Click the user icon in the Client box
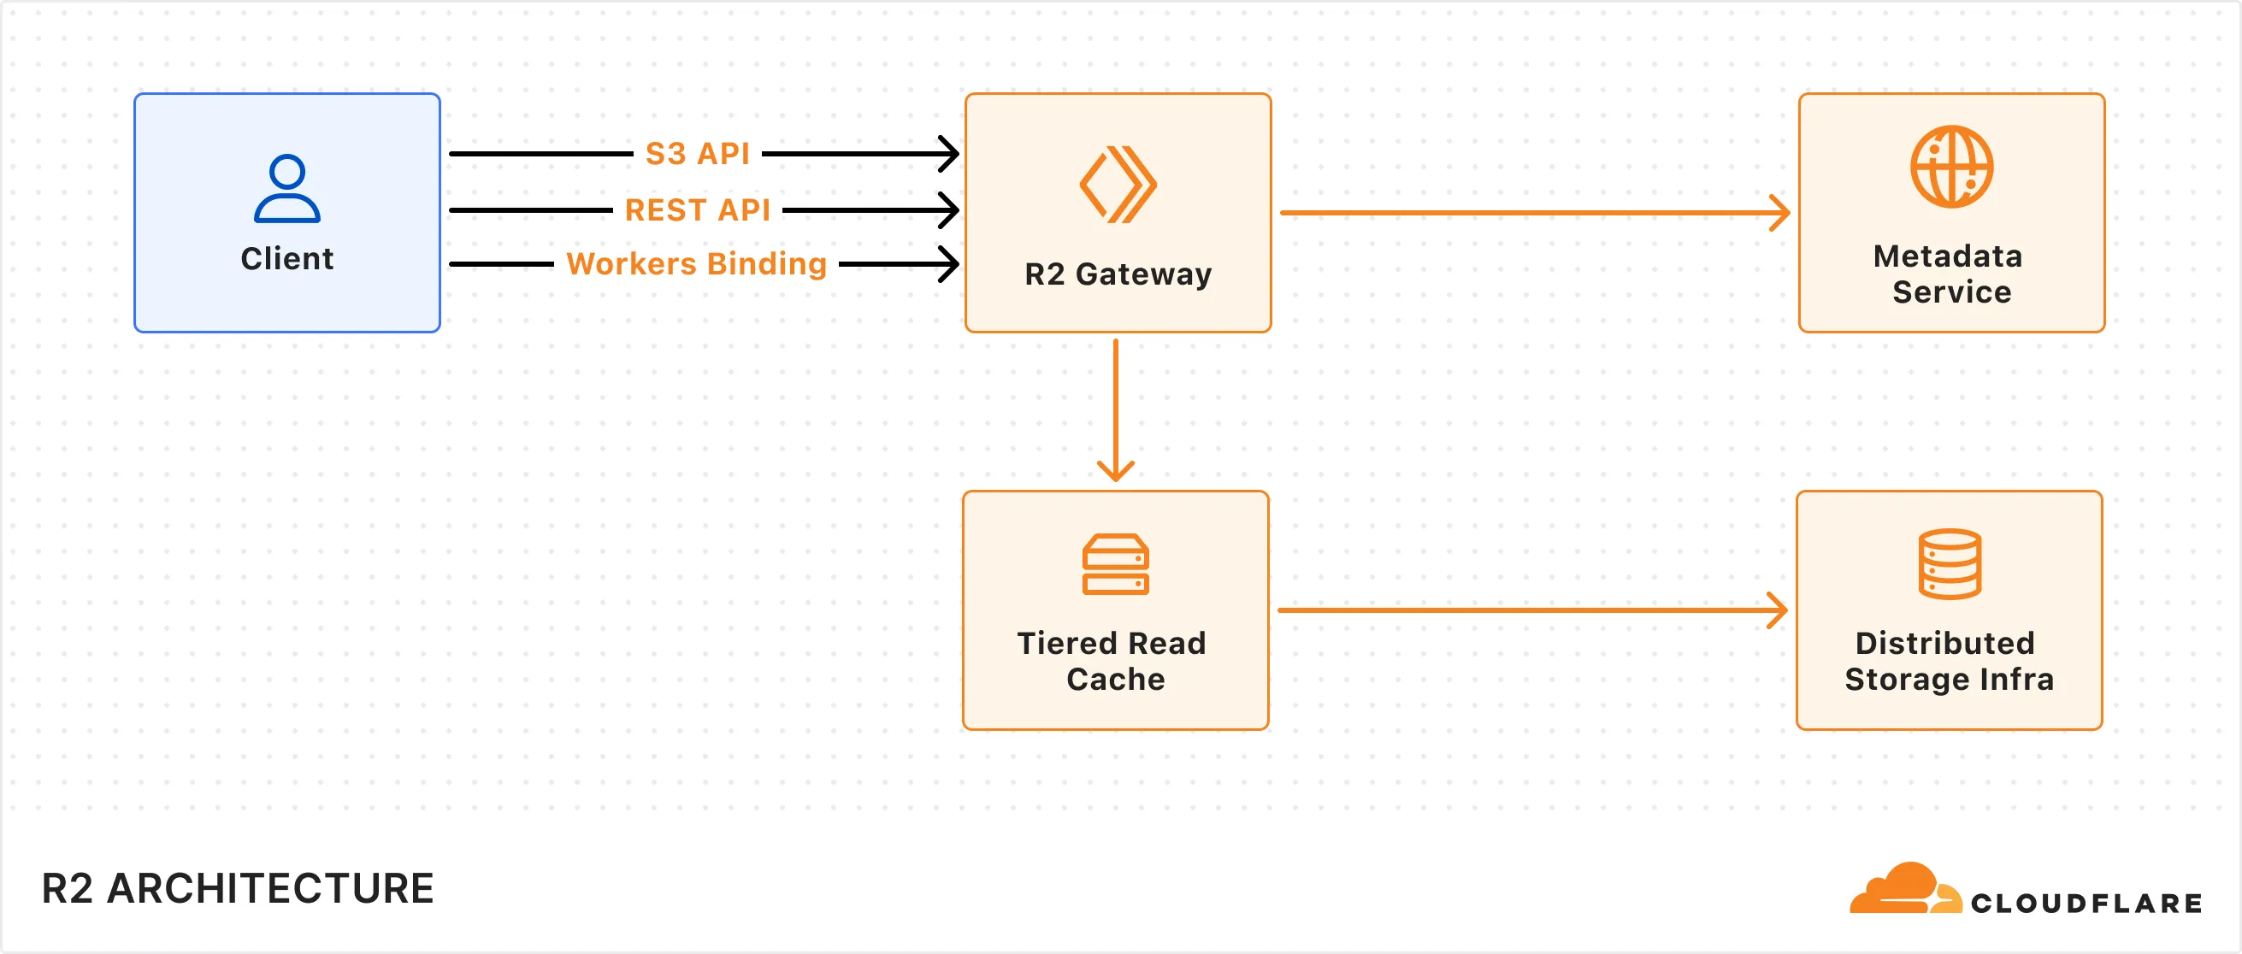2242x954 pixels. click(287, 188)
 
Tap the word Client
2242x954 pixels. click(287, 258)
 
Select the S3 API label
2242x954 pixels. click(697, 153)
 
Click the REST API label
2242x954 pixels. click(697, 209)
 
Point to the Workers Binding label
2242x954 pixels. click(696, 264)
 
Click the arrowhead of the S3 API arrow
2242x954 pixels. click(948, 154)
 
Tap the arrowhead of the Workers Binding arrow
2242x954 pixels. click(948, 264)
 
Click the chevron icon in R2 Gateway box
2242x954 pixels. click(1118, 184)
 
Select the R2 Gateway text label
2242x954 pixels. click(1118, 274)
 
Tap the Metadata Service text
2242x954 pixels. click(1950, 274)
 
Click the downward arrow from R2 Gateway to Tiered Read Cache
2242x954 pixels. click(1116, 409)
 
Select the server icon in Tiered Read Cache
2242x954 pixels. click(1115, 564)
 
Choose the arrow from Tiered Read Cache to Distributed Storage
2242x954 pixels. click(1531, 610)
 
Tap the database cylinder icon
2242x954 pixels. click(1950, 564)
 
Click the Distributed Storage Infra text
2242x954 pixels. click(1949, 661)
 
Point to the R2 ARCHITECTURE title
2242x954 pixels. click(238, 889)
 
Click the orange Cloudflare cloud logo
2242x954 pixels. click(1904, 890)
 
